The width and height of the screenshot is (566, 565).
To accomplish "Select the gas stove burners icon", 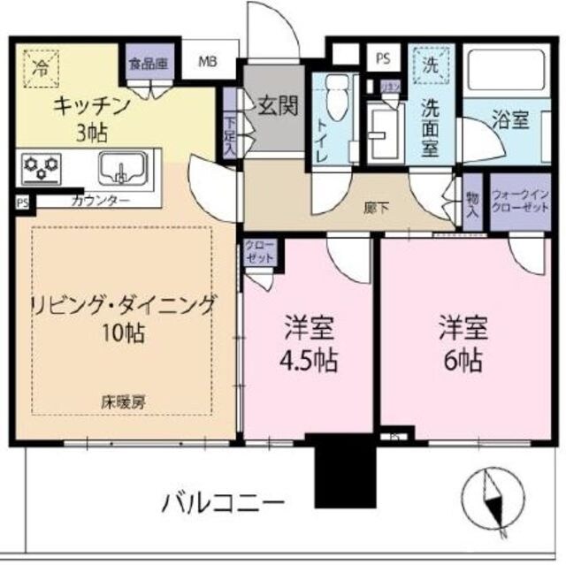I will point(43,164).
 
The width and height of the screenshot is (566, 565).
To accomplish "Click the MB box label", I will point(207,62).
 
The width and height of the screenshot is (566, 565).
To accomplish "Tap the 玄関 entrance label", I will point(276,105).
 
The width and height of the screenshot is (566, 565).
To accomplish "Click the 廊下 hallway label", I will point(376,209).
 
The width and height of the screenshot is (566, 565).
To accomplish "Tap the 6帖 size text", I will point(463,361).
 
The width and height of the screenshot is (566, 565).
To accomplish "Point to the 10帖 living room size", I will point(124,336).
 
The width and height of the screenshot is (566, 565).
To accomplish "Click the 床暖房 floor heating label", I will point(123,401).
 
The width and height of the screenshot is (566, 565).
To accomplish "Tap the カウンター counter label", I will point(99,202).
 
